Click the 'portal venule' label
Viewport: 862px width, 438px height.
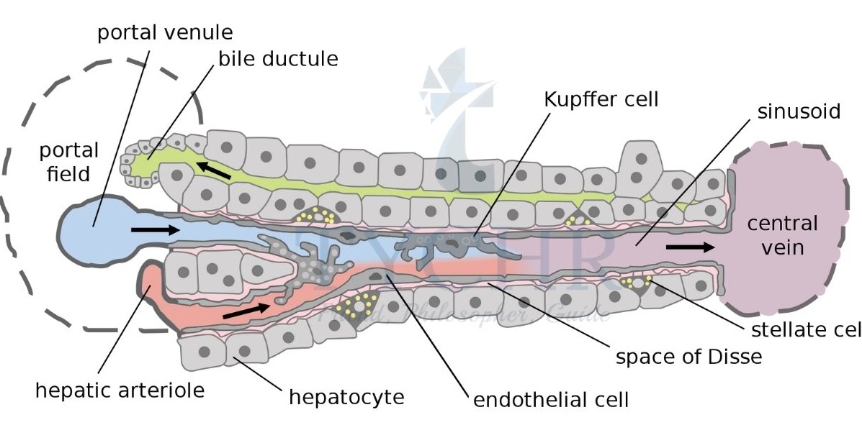point(165,32)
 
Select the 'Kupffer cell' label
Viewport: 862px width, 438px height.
point(601,99)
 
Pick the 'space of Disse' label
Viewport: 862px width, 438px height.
point(688,356)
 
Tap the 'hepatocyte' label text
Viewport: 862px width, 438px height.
point(346,396)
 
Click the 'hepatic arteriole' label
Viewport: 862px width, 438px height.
point(120,391)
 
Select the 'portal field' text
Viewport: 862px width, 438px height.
point(69,162)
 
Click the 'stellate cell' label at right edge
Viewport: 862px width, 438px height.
point(805,330)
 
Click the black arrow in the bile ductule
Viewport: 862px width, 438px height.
point(215,170)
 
